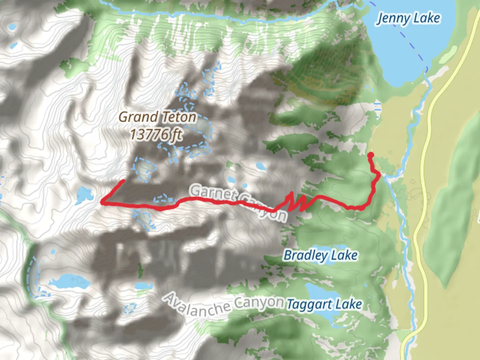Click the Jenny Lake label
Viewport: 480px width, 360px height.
pyautogui.click(x=408, y=18)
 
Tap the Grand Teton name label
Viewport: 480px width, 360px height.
pyautogui.click(x=157, y=117)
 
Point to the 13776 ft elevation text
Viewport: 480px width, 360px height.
pyautogui.click(x=156, y=135)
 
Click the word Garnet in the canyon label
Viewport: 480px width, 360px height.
pyautogui.click(x=213, y=194)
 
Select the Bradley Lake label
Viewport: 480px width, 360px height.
pyautogui.click(x=320, y=255)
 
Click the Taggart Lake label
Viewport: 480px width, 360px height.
pyautogui.click(x=324, y=304)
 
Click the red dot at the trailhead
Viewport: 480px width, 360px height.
pyautogui.click(x=370, y=155)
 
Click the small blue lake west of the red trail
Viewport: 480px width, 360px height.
pyautogui.click(x=83, y=195)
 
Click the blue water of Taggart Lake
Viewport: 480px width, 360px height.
pyautogui.click(x=317, y=293)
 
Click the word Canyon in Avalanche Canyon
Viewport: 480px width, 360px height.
pyautogui.click(x=259, y=303)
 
